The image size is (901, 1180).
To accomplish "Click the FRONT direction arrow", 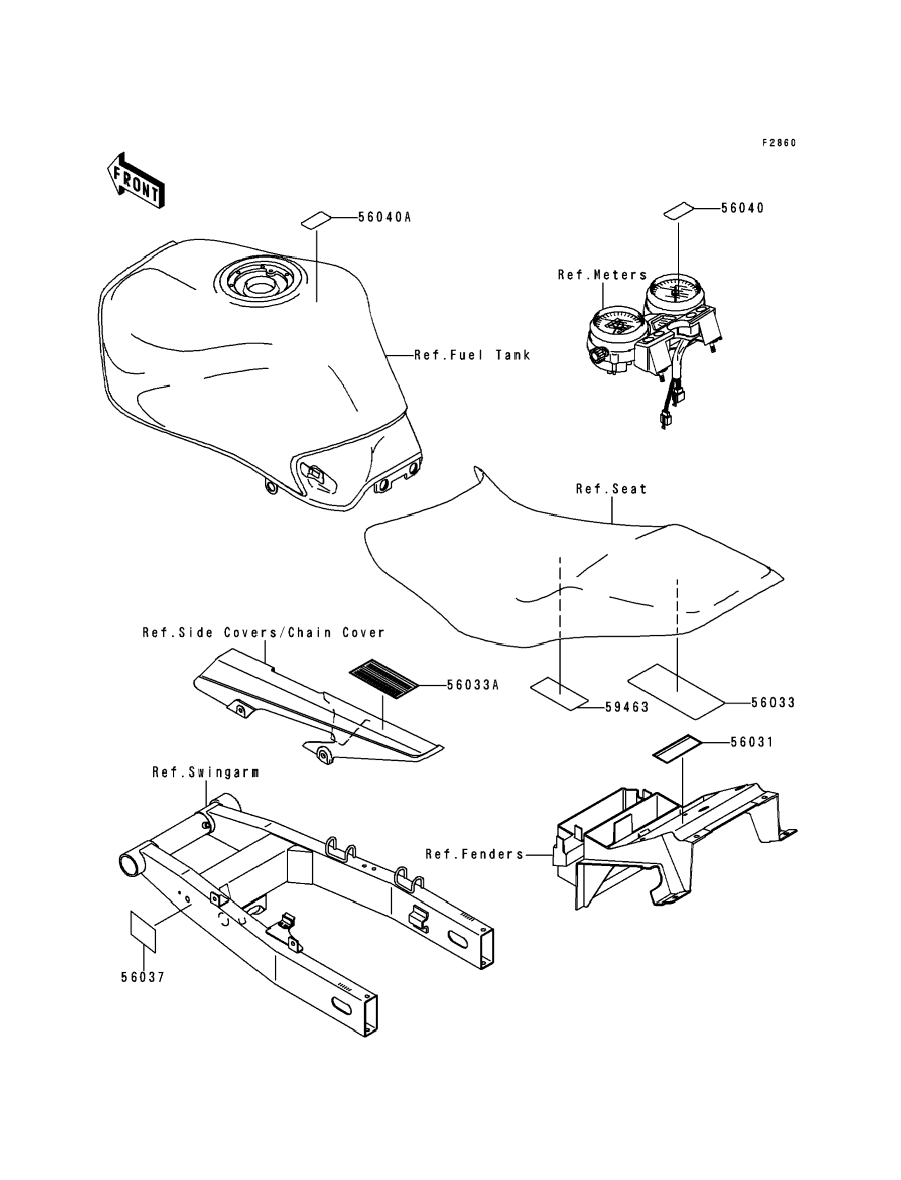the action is tap(136, 181).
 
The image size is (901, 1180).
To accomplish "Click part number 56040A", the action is tap(385, 217).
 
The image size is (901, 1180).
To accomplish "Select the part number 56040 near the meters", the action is tap(742, 208).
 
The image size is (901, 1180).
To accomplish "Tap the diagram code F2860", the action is tap(779, 143).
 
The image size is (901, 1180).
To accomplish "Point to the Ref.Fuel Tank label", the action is tap(472, 355).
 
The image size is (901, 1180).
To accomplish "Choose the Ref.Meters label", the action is tap(602, 275).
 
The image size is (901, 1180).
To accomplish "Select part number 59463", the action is tap(627, 707).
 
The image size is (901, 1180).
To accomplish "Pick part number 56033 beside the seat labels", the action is tap(773, 702).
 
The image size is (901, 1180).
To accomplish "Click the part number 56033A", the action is tap(472, 685).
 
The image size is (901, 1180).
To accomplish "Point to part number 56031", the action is tap(752, 742).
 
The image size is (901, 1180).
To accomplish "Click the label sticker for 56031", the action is tap(677, 747).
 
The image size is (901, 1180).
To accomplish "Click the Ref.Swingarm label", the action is tap(206, 772).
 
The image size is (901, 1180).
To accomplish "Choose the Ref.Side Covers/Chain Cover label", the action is tap(263, 633).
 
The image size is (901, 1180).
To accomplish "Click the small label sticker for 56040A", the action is tap(316, 220).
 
